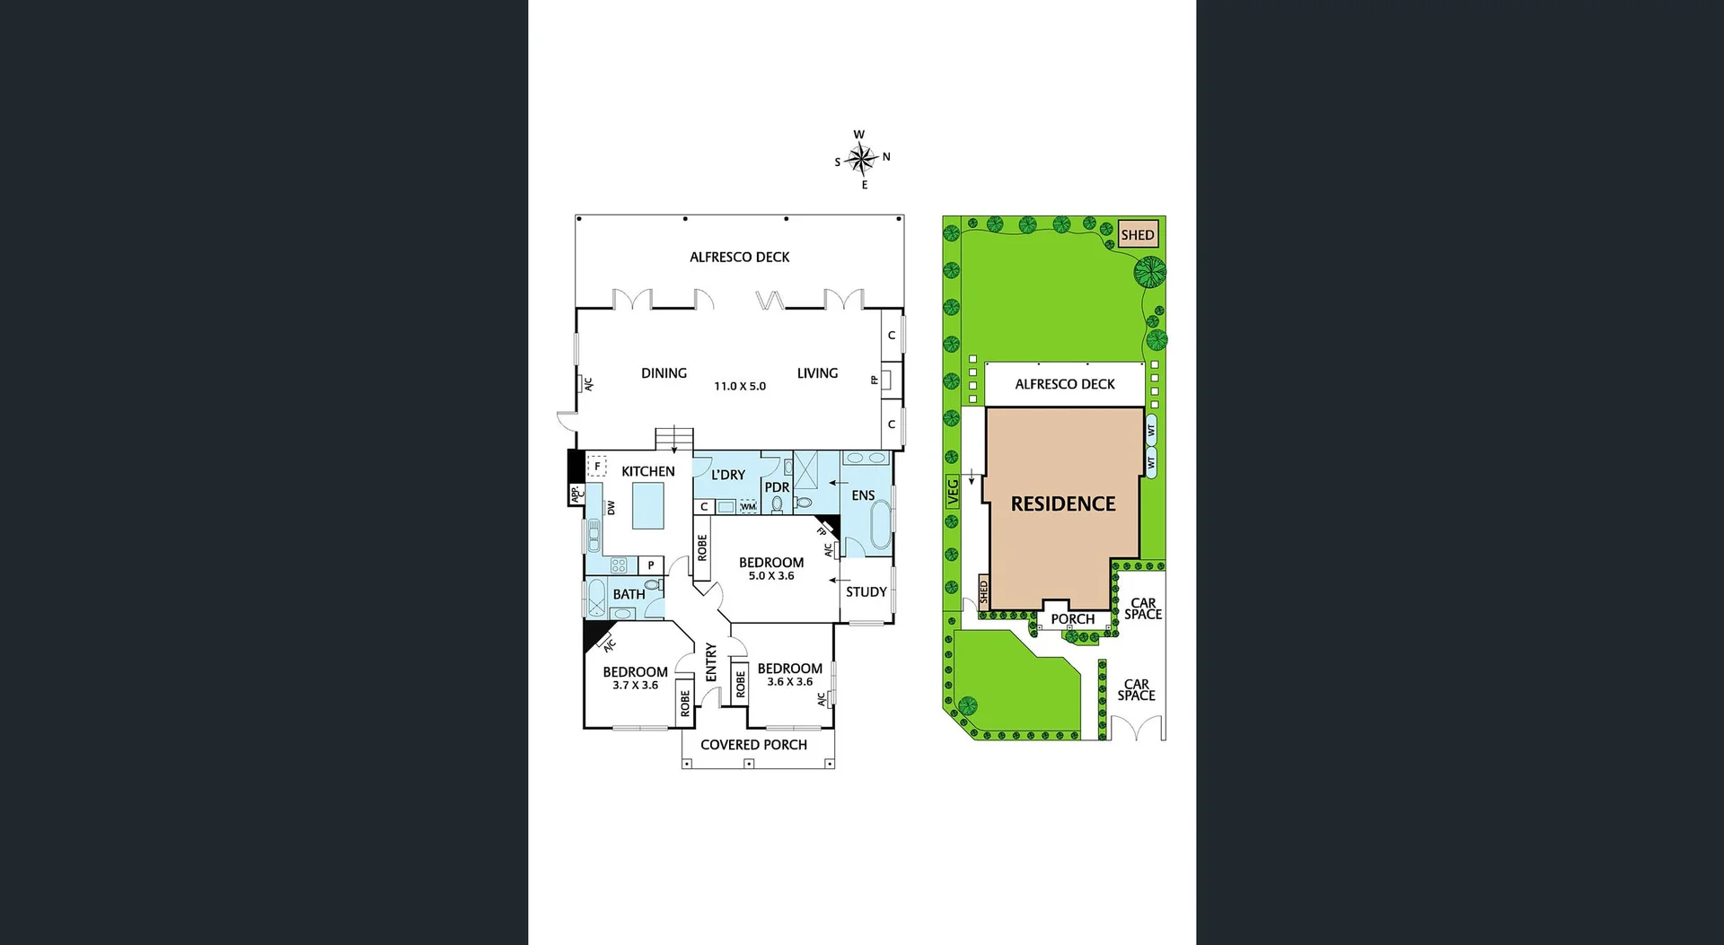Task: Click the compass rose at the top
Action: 861,160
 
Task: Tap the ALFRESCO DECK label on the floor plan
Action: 739,258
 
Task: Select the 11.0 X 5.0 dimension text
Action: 740,387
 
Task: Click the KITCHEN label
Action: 647,471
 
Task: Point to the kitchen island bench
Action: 648,506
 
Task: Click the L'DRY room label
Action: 728,475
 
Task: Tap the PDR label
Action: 777,488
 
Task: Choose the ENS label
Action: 863,495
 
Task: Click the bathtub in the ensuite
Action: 881,524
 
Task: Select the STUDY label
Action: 866,592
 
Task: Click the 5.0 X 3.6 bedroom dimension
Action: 771,576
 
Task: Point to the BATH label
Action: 629,594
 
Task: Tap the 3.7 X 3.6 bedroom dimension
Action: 635,686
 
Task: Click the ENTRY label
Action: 711,661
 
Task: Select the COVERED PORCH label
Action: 753,745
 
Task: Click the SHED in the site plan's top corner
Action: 1138,235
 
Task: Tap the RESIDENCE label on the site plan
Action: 1063,504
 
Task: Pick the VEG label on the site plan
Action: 953,492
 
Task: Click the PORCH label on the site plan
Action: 1072,619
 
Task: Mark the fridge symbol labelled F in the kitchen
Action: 597,467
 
